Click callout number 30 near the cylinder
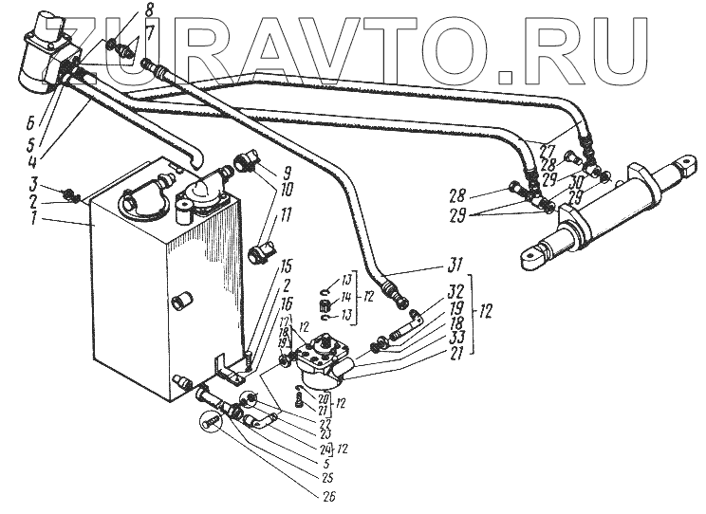pos(579,180)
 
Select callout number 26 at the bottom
pos(328,493)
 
